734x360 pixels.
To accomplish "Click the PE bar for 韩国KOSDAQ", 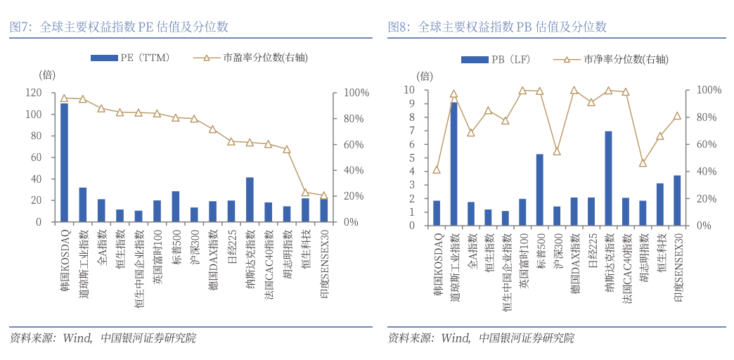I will (64, 162).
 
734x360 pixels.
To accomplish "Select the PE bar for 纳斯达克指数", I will (250, 200).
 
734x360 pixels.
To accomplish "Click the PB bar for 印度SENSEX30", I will (677, 200).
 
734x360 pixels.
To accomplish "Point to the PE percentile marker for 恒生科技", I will (305, 192).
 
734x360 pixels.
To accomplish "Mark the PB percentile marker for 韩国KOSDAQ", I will (437, 169).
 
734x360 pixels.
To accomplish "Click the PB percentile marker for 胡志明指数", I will (643, 163).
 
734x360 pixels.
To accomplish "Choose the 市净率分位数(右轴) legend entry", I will (609, 60).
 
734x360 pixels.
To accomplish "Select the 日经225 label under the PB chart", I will (591, 247).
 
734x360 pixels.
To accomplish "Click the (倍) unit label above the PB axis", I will (425, 75).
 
